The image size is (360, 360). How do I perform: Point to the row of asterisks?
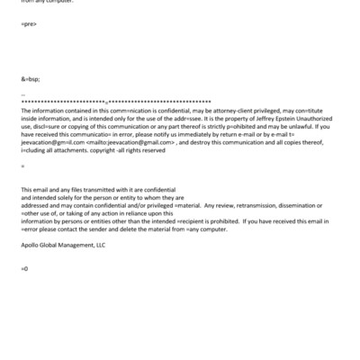(x=116, y=102)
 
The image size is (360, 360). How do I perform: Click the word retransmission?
(x=255, y=204)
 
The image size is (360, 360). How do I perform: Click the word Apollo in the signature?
(x=30, y=244)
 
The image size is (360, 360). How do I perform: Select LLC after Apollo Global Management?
(x=98, y=244)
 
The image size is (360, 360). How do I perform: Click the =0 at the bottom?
(x=24, y=269)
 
